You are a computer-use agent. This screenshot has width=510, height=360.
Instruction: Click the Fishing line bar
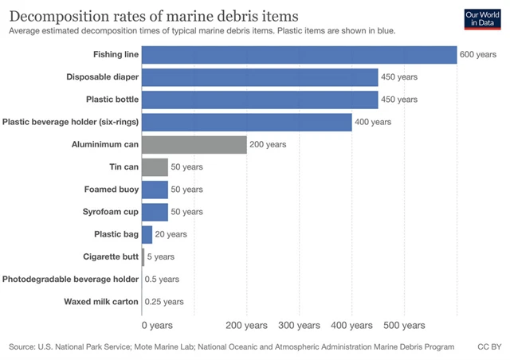tap(299, 54)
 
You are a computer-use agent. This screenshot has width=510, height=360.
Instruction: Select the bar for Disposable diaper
tap(260, 77)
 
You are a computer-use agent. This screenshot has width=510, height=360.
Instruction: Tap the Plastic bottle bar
tap(260, 100)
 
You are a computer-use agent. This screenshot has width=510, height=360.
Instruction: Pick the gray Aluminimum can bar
tap(194, 144)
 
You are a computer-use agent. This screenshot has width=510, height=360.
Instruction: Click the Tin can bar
tap(155, 166)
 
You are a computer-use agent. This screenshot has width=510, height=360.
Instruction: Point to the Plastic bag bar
tap(147, 234)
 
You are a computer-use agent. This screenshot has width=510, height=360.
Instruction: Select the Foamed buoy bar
tap(155, 190)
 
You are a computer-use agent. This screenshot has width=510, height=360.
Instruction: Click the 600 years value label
tap(478, 55)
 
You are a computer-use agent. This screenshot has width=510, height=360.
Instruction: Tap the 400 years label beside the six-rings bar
tap(373, 122)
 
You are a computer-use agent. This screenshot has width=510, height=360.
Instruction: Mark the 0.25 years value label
tap(164, 302)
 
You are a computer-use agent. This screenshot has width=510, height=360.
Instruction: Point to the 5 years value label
tap(160, 256)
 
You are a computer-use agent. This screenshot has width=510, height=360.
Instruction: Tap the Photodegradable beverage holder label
tap(70, 279)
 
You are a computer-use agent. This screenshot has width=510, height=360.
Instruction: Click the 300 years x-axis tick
tap(299, 325)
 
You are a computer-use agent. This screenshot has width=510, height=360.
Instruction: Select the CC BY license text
tap(488, 347)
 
